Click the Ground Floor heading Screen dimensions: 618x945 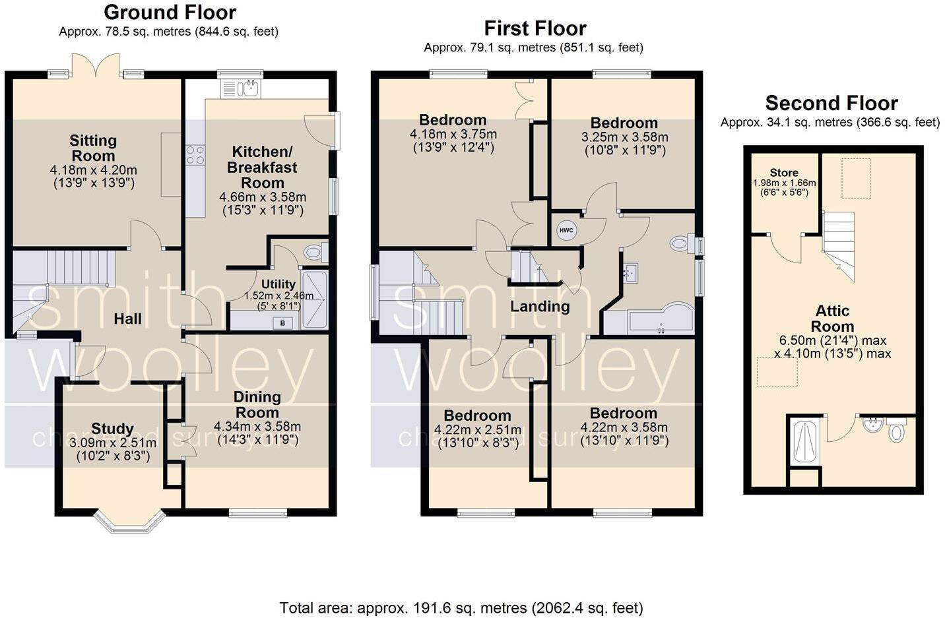(x=170, y=13)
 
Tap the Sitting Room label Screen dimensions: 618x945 (x=93, y=148)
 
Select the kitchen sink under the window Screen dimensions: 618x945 (x=241, y=88)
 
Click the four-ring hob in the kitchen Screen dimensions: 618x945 (x=195, y=155)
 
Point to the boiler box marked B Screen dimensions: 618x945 (x=283, y=323)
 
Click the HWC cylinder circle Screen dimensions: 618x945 (x=566, y=230)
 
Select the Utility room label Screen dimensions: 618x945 (x=278, y=285)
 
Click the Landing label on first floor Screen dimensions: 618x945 (x=540, y=306)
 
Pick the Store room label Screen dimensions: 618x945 (x=784, y=173)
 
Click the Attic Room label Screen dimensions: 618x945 (x=832, y=319)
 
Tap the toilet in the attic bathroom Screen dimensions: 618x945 (x=897, y=432)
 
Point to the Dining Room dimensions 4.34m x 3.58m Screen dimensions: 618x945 (x=257, y=426)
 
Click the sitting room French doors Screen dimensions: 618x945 (x=96, y=67)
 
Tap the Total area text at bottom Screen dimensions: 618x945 (x=461, y=607)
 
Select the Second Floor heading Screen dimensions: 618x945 (x=831, y=104)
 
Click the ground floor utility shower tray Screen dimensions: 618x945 (x=313, y=300)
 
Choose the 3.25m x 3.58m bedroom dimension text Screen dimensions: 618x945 (x=624, y=137)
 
